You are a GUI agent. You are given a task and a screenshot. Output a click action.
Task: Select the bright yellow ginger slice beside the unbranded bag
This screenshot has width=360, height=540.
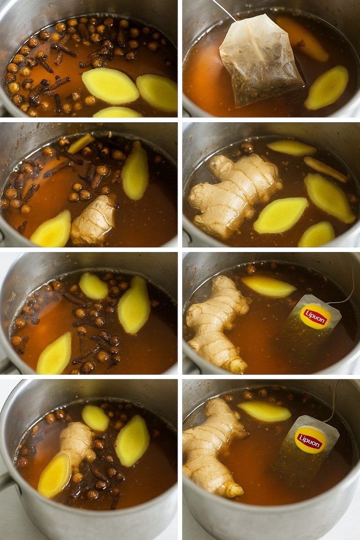click(x=326, y=88)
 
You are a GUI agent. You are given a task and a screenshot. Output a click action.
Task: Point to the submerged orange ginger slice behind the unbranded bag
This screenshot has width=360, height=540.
click(x=302, y=38)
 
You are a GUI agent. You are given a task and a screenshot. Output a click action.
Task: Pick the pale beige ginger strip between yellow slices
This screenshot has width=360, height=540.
click(x=325, y=169)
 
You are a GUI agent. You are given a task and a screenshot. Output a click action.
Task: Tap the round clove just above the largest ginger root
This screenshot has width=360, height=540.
click(x=247, y=147)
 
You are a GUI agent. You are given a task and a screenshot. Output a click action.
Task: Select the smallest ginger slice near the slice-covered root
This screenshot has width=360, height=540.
click(x=96, y=418)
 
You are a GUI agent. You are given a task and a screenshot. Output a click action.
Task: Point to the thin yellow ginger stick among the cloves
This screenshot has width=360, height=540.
click(x=81, y=143)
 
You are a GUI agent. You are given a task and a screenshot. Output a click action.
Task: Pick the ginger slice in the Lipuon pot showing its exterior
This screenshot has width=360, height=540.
click(x=264, y=411)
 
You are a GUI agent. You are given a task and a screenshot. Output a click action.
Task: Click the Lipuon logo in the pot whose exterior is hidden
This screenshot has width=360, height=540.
click(x=315, y=316)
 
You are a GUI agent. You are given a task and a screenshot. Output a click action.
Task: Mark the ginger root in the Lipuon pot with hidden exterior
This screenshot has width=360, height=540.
click(x=217, y=324)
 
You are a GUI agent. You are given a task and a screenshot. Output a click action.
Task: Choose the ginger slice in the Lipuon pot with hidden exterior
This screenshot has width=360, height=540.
click(x=269, y=286)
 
